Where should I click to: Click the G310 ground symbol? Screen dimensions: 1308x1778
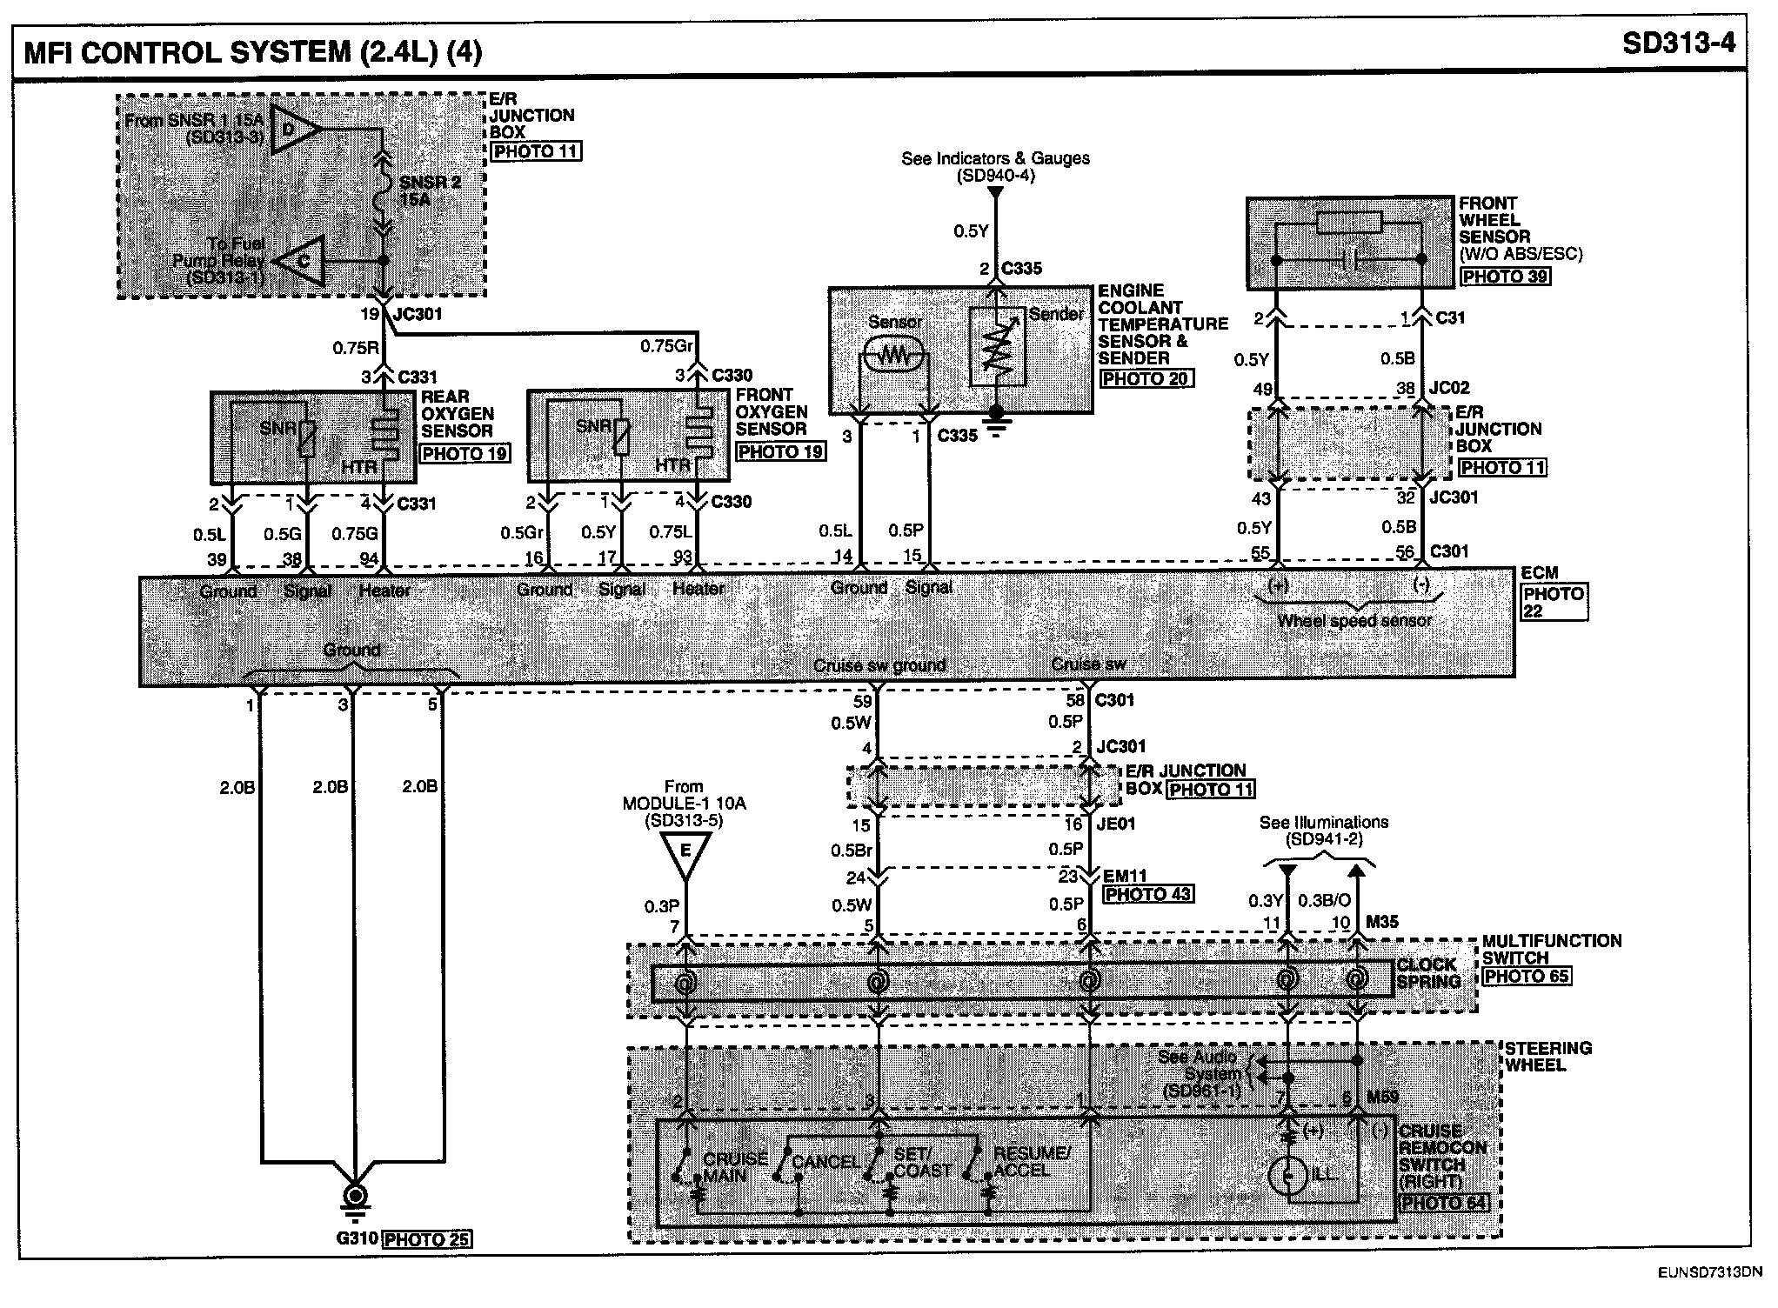(355, 1197)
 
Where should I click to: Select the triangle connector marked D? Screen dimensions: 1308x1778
(294, 130)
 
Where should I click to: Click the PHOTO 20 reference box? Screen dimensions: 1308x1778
(1146, 379)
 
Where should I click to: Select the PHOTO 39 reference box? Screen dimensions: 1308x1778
(1505, 277)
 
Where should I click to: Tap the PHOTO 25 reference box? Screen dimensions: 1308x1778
(427, 1239)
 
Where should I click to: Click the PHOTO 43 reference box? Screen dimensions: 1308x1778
(1147, 894)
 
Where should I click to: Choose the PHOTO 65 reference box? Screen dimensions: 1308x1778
(1527, 976)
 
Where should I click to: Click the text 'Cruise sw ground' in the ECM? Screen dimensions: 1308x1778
(879, 666)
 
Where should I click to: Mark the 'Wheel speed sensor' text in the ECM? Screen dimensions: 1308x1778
(1354, 620)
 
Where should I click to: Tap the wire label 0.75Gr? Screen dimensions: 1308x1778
(666, 346)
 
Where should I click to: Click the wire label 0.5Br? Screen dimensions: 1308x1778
(851, 851)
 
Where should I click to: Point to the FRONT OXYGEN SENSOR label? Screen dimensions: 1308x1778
(771, 411)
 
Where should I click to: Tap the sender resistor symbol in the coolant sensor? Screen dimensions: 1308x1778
(998, 348)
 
